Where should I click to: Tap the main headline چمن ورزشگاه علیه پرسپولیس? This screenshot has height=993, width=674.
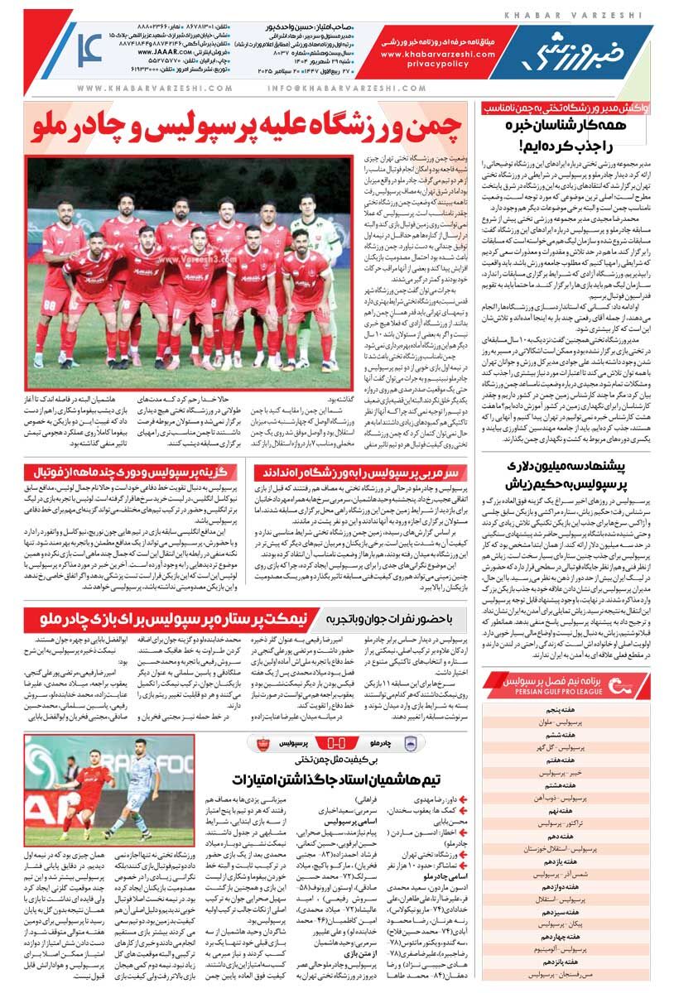coord(248,127)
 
